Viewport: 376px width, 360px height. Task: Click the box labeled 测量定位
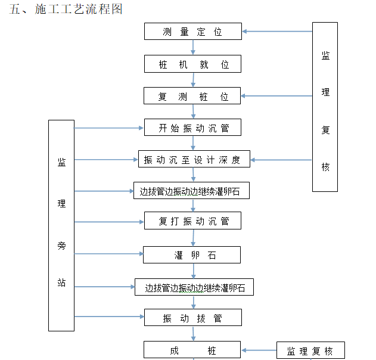click(192, 32)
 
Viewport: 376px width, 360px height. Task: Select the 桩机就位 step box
click(192, 64)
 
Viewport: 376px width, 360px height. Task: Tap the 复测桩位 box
click(192, 96)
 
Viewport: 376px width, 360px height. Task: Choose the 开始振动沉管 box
click(192, 128)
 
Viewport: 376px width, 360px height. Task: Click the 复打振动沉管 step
click(192, 222)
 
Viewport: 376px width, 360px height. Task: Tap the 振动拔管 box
click(192, 318)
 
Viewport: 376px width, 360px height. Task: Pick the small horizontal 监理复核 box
click(310, 350)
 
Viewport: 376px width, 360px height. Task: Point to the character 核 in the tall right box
click(325, 167)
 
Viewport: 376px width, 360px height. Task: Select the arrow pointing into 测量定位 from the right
click(277, 31)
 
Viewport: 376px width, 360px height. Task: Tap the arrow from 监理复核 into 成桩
click(259, 350)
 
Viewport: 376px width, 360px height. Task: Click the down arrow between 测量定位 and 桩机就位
click(192, 48)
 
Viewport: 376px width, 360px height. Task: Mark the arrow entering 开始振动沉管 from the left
click(109, 128)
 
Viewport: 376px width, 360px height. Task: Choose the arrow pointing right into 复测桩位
click(277, 95)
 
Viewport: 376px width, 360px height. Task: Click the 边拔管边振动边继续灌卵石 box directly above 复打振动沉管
click(191, 191)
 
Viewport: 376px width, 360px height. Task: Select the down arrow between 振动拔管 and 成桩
click(193, 334)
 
